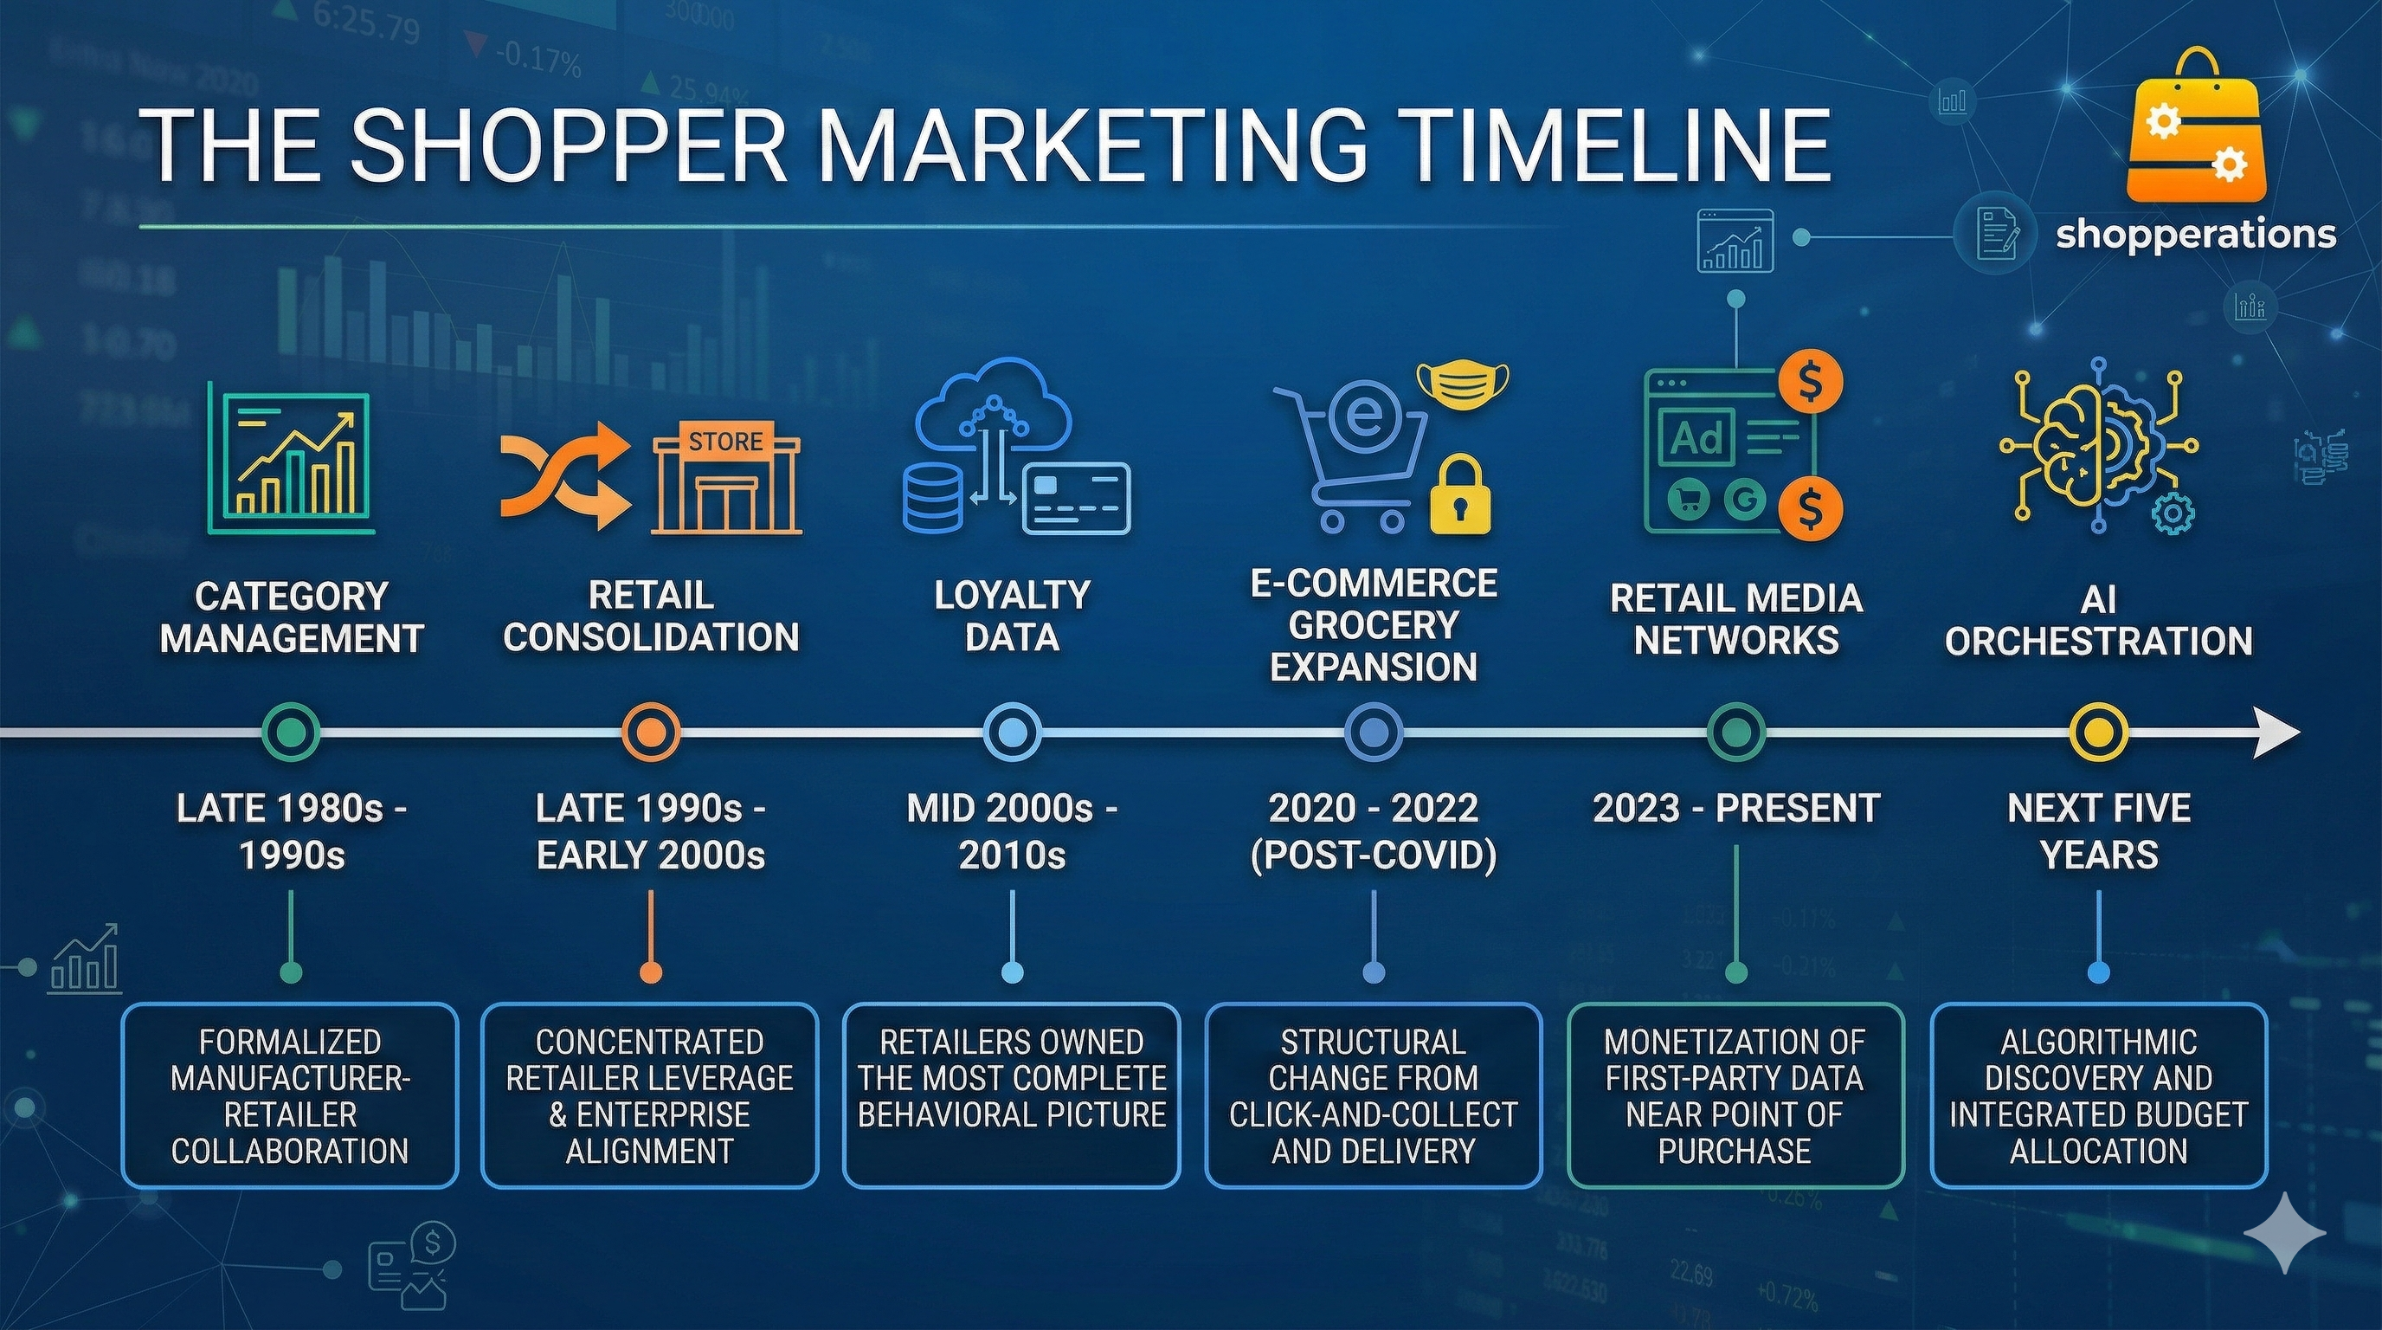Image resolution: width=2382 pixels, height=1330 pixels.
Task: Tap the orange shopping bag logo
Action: tap(2196, 130)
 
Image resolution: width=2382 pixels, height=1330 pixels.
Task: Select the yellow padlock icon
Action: tap(1460, 494)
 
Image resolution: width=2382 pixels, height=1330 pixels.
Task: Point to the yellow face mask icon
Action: tap(1463, 384)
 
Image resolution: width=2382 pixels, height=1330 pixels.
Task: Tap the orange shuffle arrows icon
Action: tap(565, 475)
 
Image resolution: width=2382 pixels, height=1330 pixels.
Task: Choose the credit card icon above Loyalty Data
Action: tap(1077, 499)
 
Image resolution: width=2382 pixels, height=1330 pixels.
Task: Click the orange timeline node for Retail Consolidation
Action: tap(650, 733)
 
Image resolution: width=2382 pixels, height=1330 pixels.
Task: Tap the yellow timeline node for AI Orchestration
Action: tap(2098, 733)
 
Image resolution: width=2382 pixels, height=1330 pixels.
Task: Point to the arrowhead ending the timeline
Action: tap(2276, 733)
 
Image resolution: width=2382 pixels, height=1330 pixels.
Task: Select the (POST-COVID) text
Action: tap(1373, 855)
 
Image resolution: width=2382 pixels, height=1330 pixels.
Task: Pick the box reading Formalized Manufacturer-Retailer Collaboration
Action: tap(290, 1095)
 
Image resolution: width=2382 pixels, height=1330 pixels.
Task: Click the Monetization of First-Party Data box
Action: tap(1735, 1095)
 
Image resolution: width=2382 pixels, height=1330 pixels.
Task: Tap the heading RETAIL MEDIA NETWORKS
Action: tap(1735, 619)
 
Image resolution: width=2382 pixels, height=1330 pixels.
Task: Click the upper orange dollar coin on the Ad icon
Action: tap(1811, 380)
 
